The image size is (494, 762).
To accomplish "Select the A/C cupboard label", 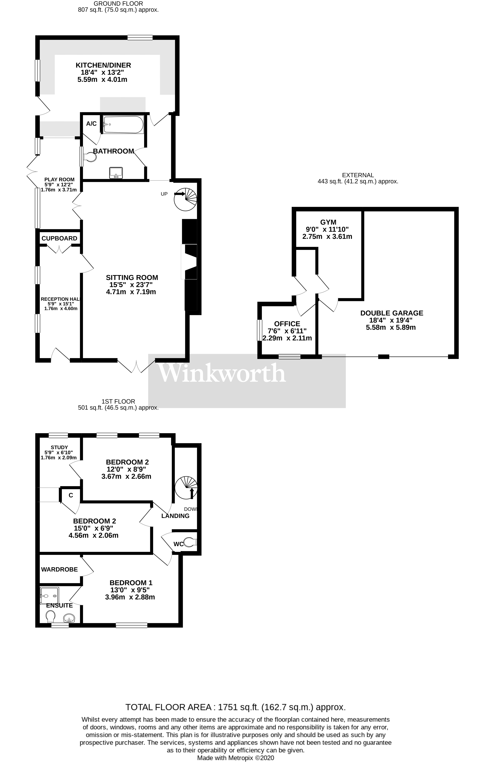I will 91,124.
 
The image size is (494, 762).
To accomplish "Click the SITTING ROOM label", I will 132,278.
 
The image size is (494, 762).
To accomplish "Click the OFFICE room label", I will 287,324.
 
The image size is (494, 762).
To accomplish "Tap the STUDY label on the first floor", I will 59,447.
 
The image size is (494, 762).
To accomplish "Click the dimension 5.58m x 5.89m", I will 391,327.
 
